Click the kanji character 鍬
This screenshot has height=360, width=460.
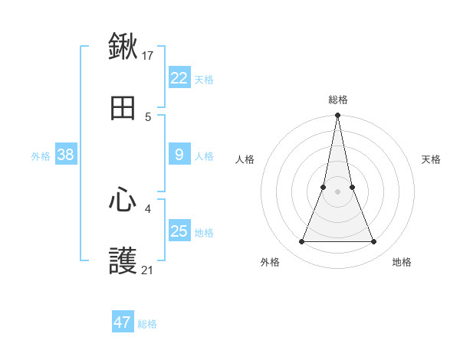pyautogui.click(x=123, y=47)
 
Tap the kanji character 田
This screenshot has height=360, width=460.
pyautogui.click(x=123, y=109)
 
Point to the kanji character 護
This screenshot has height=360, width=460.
pyautogui.click(x=123, y=262)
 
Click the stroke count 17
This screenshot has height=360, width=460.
pyautogui.click(x=148, y=55)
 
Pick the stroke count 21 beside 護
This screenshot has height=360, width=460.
pyautogui.click(x=148, y=270)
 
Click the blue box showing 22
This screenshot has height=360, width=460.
pyautogui.click(x=179, y=78)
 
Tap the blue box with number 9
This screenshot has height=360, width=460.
pyautogui.click(x=179, y=155)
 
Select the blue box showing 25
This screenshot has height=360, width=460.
pyautogui.click(x=179, y=231)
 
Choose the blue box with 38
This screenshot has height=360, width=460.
pyautogui.click(x=66, y=155)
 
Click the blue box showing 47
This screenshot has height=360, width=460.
pyautogui.click(x=123, y=322)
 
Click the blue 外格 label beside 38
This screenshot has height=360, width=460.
pyautogui.click(x=41, y=156)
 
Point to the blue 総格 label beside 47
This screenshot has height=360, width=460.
pyautogui.click(x=147, y=324)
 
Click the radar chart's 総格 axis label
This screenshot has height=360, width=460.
pyautogui.click(x=338, y=100)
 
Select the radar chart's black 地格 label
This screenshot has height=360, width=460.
pyautogui.click(x=402, y=262)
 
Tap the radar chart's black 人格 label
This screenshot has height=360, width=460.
pyautogui.click(x=245, y=159)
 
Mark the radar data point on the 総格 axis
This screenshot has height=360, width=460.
pyautogui.click(x=338, y=116)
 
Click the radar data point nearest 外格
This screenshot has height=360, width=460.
pyautogui.click(x=301, y=242)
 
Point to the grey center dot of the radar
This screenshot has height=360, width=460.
pyautogui.click(x=338, y=191)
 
